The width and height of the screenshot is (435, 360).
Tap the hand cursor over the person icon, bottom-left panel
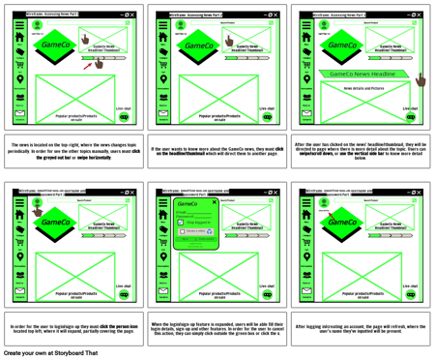point(38,211)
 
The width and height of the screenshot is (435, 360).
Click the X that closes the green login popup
point(228,202)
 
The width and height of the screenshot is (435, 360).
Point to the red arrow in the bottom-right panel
point(331,214)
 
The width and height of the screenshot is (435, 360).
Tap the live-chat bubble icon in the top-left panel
point(124,117)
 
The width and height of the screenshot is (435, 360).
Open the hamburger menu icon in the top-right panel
point(306,26)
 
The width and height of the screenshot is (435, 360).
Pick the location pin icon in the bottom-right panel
point(306,255)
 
